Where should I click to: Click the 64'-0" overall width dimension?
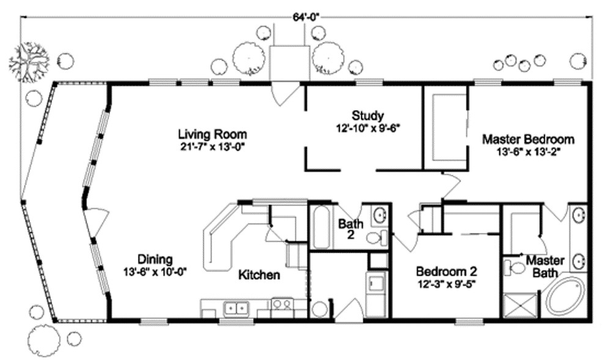pyautogui.click(x=306, y=17)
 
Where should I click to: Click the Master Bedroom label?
pyautogui.click(x=528, y=139)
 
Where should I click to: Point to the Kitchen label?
pyautogui.click(x=259, y=276)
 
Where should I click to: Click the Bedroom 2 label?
pyautogui.click(x=446, y=271)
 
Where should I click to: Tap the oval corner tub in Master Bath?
pyautogui.click(x=566, y=297)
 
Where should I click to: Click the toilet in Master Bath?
pyautogui.click(x=515, y=267)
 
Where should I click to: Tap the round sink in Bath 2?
pyautogui.click(x=380, y=215)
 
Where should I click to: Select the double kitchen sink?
pyautogui.click(x=233, y=307)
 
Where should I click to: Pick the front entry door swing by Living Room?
pyautogui.click(x=284, y=93)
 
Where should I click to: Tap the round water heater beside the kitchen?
pyautogui.click(x=319, y=309)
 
